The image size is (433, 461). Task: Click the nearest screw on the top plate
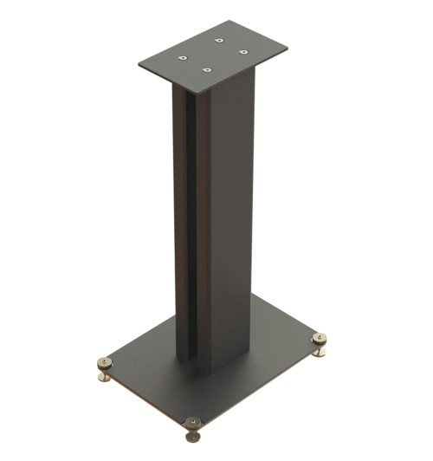pyautogui.click(x=207, y=69)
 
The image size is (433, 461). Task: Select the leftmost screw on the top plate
pyautogui.click(x=183, y=57)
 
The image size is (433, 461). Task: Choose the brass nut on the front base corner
pyautogui.click(x=193, y=423)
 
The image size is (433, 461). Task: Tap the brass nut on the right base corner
pyautogui.click(x=320, y=339)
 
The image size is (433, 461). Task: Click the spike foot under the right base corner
pyautogui.click(x=320, y=352)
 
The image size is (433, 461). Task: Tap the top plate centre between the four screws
pyautogui.click(x=212, y=54)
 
